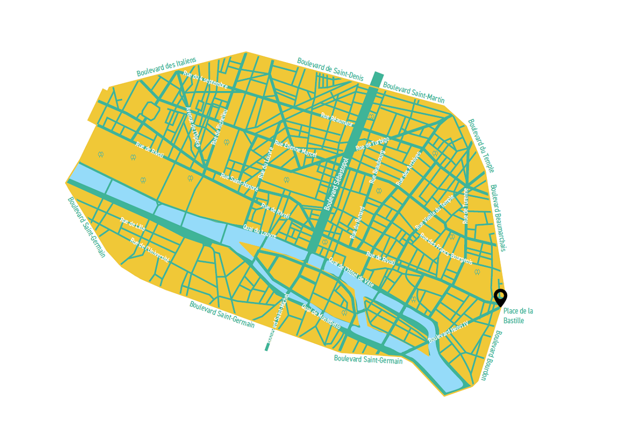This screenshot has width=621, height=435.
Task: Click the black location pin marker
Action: click(500, 297)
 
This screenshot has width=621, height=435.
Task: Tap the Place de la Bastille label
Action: click(517, 316)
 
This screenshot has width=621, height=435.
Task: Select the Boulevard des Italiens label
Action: click(166, 67)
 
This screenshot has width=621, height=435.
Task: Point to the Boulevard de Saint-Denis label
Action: click(330, 68)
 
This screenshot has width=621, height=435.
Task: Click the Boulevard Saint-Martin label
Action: click(413, 92)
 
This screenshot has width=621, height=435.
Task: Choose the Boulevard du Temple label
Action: click(481, 146)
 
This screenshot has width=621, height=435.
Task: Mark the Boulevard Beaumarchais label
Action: click(498, 218)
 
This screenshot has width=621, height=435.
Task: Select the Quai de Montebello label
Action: click(321, 317)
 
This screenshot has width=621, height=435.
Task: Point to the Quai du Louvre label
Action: click(260, 231)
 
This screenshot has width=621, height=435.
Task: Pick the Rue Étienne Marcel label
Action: click(295, 149)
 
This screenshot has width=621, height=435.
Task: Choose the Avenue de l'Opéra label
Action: click(193, 127)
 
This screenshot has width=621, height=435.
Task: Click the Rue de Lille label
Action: click(132, 224)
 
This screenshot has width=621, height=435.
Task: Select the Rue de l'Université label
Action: click(150, 250)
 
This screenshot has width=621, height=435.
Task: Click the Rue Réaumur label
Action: click(337, 120)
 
